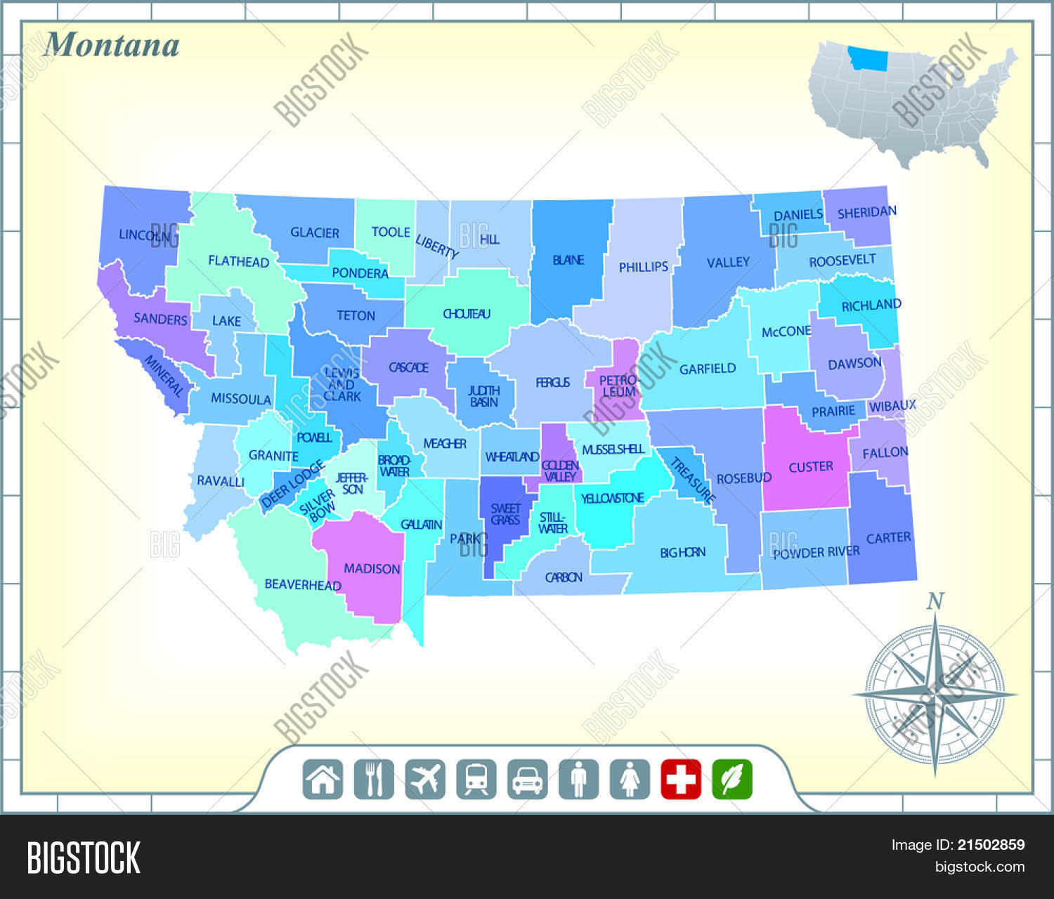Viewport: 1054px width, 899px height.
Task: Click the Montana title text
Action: [x=111, y=45]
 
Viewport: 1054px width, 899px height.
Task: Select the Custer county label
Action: [x=810, y=466]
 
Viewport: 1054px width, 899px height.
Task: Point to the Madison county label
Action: [x=372, y=568]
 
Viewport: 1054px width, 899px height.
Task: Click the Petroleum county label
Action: [x=618, y=386]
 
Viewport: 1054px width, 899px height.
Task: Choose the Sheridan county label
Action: [x=866, y=211]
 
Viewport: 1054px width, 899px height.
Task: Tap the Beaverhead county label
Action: [x=303, y=584]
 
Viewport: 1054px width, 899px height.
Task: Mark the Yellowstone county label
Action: [x=612, y=498]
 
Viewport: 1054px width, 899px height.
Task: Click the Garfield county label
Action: [x=707, y=368]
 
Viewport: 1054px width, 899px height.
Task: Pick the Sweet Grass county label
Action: [x=505, y=514]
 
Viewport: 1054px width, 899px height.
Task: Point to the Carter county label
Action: [x=888, y=538]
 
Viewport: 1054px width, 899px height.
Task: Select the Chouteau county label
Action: [x=467, y=314]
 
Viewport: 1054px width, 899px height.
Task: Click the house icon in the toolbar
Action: [x=323, y=779]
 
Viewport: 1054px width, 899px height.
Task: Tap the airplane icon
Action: [x=425, y=779]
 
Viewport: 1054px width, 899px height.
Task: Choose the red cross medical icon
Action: [x=681, y=779]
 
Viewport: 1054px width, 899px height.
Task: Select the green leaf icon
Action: [x=732, y=779]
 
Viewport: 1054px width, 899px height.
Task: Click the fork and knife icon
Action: [x=374, y=779]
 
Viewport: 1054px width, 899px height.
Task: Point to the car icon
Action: [x=527, y=779]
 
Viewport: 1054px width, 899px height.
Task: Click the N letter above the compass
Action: [x=935, y=602]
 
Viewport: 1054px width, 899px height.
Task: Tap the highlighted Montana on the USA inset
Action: [x=867, y=59]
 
